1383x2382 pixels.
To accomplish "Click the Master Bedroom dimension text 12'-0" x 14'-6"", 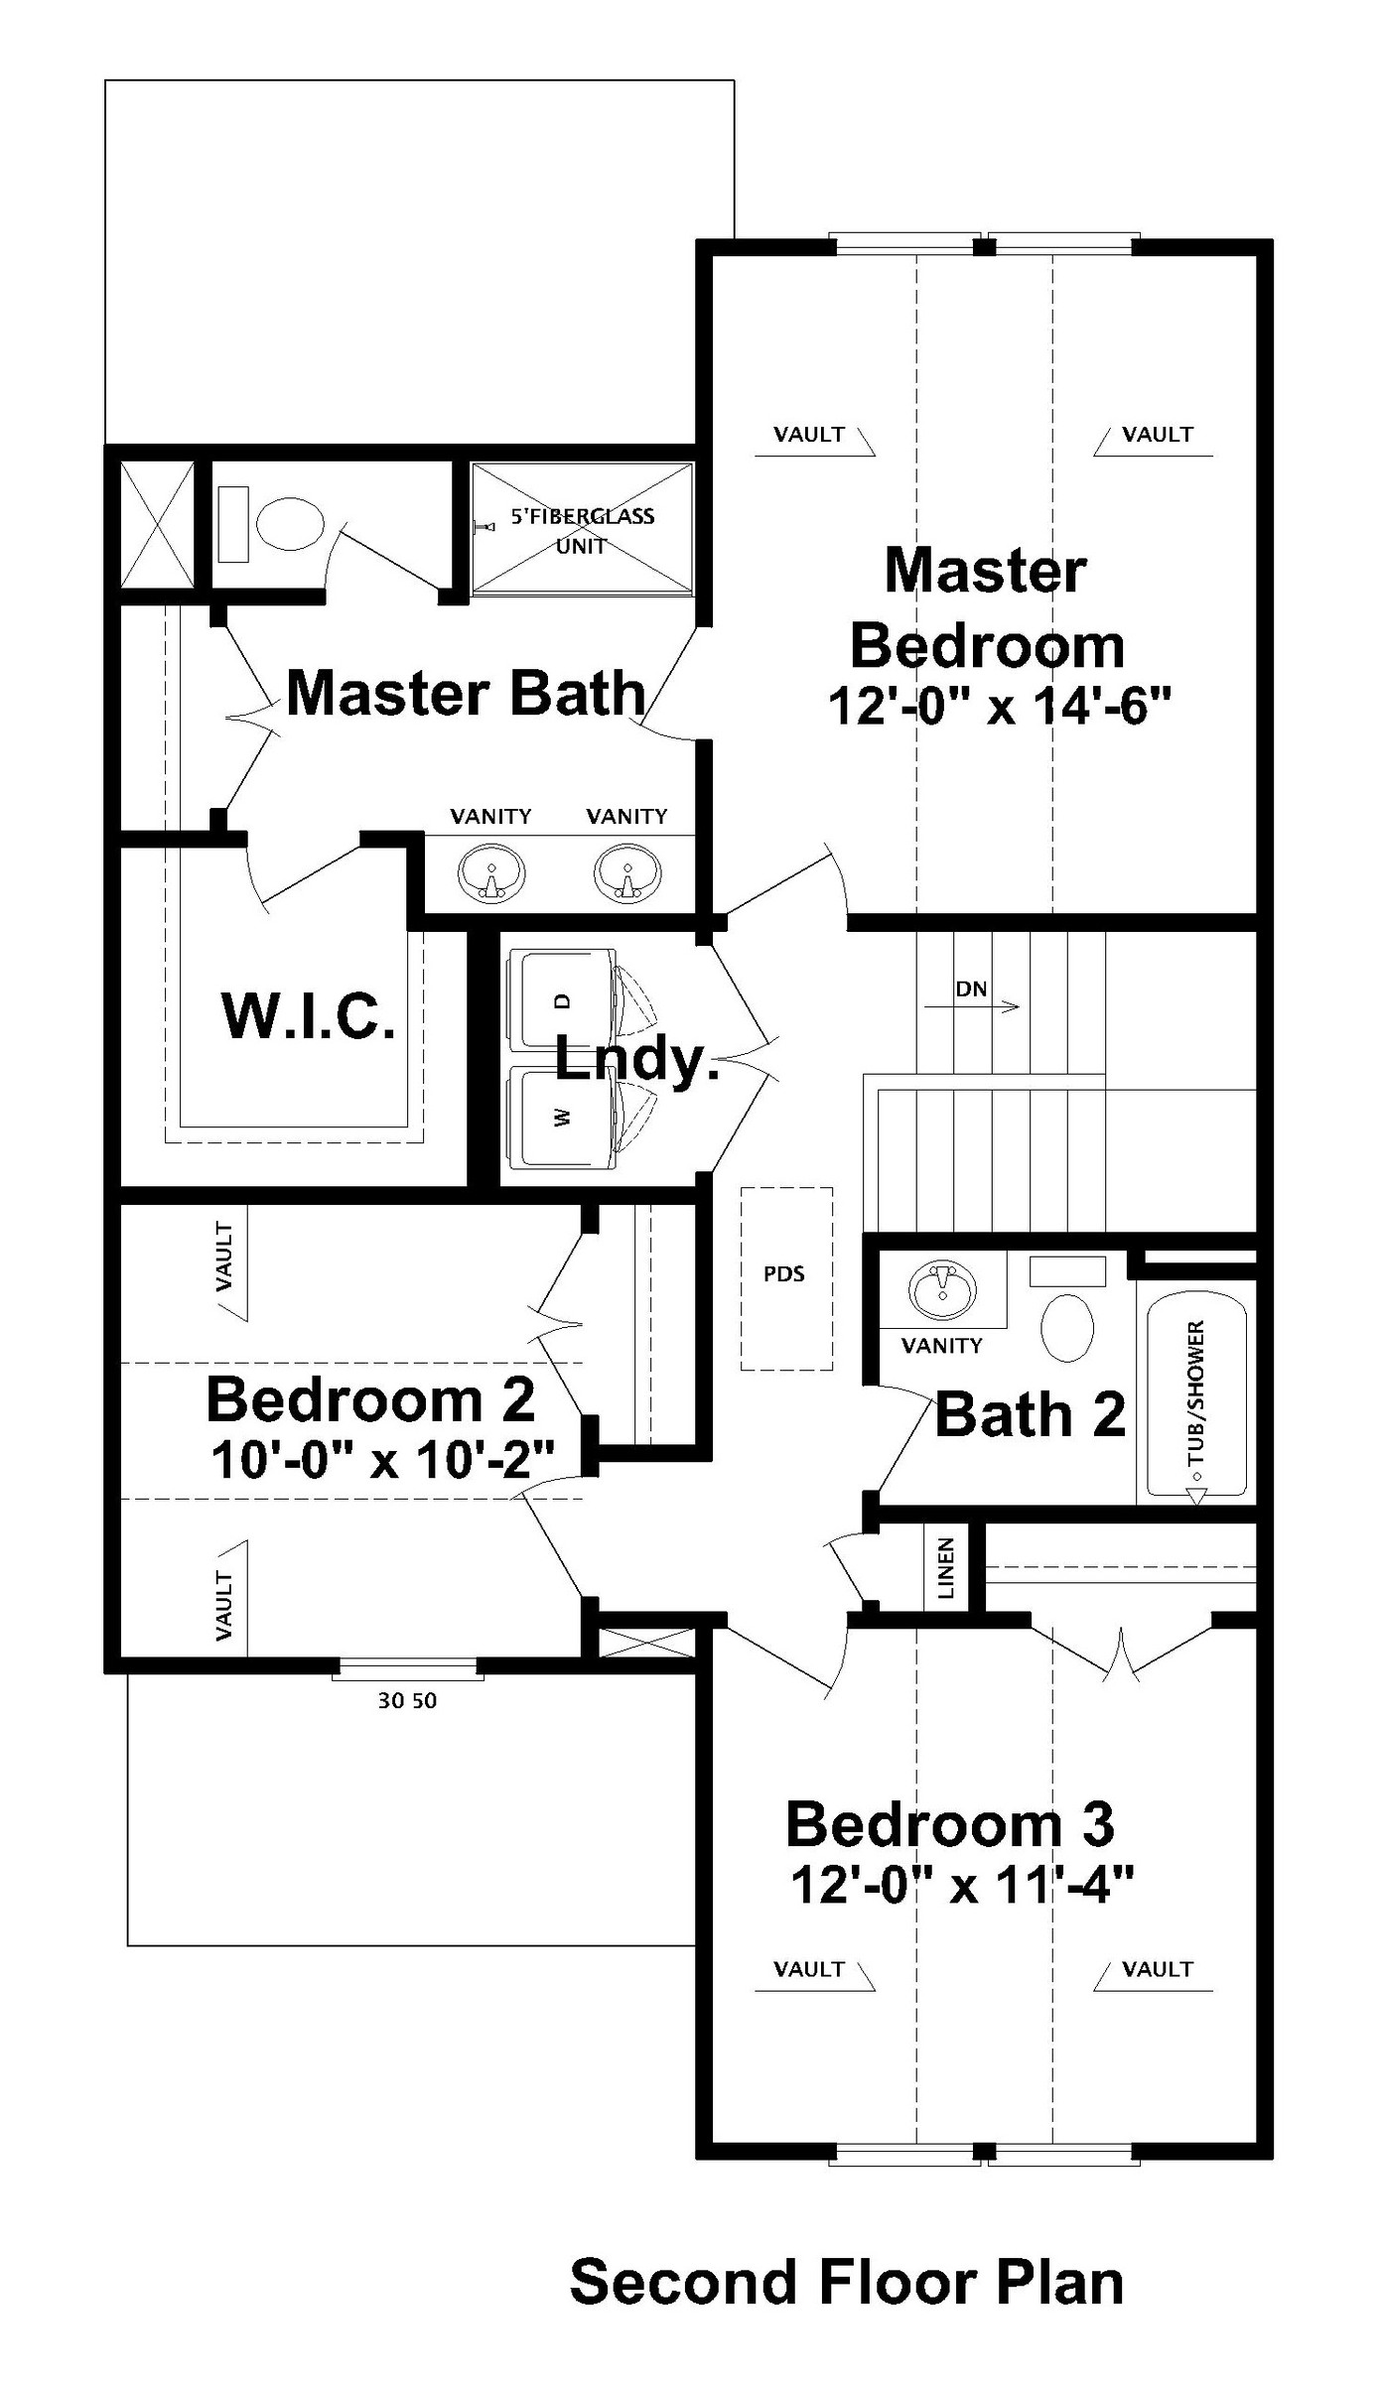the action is pyautogui.click(x=1000, y=708).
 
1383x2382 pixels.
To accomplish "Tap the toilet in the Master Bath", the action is pyautogui.click(x=271, y=523).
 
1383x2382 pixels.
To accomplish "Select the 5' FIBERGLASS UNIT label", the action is pyautogui.click(x=583, y=530).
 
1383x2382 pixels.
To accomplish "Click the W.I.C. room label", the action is pyautogui.click(x=308, y=1015).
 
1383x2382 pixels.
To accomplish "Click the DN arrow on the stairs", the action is pyautogui.click(x=972, y=1006).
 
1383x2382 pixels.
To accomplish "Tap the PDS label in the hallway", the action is pyautogui.click(x=784, y=1273).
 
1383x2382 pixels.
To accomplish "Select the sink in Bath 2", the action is pyautogui.click(x=941, y=1291).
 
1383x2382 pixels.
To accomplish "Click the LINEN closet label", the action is pyautogui.click(x=946, y=1568).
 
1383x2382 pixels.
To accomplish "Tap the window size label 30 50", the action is pyautogui.click(x=407, y=1701).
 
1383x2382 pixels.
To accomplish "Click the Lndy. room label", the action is pyautogui.click(x=636, y=1060).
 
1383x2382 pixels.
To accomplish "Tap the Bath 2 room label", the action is pyautogui.click(x=1031, y=1414).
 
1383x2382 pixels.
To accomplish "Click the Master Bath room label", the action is pyautogui.click(x=466, y=693).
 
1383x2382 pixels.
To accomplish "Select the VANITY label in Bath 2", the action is pyautogui.click(x=941, y=1346).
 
